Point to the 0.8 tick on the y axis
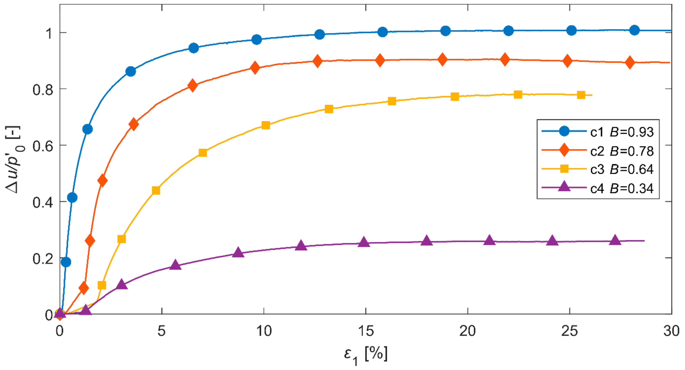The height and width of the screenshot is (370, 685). tap(43, 90)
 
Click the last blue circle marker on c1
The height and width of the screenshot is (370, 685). tap(634, 30)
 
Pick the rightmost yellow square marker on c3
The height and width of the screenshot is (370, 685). tap(581, 95)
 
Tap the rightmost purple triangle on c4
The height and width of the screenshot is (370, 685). tap(615, 240)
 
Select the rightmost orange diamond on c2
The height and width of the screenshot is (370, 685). tap(630, 62)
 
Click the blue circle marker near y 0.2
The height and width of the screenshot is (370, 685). tap(66, 262)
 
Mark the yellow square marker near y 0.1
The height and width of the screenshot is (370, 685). tap(102, 285)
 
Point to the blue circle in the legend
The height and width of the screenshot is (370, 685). tap(564, 131)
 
